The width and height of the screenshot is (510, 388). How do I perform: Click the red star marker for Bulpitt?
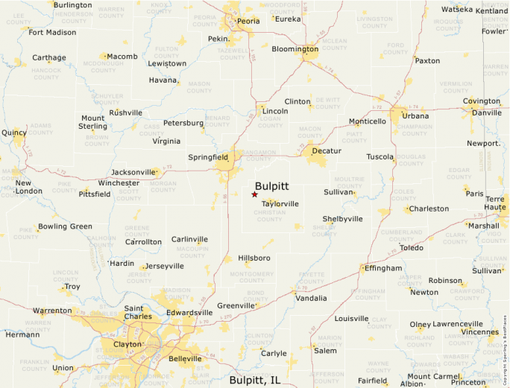click(x=254, y=194)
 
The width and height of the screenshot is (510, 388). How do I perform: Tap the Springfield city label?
click(x=208, y=157)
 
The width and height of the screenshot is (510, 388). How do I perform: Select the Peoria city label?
click(x=248, y=21)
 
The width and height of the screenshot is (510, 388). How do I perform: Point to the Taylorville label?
click(x=280, y=203)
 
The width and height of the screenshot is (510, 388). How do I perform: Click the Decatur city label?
click(x=327, y=150)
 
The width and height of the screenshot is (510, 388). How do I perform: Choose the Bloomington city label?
click(x=295, y=49)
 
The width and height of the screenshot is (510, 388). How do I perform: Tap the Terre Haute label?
click(x=495, y=204)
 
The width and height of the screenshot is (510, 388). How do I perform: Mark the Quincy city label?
click(x=14, y=133)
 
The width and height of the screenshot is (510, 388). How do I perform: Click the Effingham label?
click(x=382, y=268)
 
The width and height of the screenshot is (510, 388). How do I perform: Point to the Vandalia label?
click(x=311, y=298)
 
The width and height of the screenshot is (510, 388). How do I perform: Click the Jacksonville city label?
click(x=133, y=172)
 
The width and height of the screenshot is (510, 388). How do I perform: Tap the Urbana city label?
click(x=415, y=115)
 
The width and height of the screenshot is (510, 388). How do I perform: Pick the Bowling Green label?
click(x=65, y=226)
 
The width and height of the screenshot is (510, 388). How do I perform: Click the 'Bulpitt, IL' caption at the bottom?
click(x=255, y=380)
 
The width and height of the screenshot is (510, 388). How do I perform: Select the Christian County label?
click(x=269, y=216)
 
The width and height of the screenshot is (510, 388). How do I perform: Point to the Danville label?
click(x=487, y=112)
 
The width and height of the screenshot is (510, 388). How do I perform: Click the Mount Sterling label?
click(x=93, y=122)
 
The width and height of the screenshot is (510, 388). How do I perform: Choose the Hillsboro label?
click(x=254, y=258)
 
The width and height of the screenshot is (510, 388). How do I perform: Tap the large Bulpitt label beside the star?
click(x=271, y=186)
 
